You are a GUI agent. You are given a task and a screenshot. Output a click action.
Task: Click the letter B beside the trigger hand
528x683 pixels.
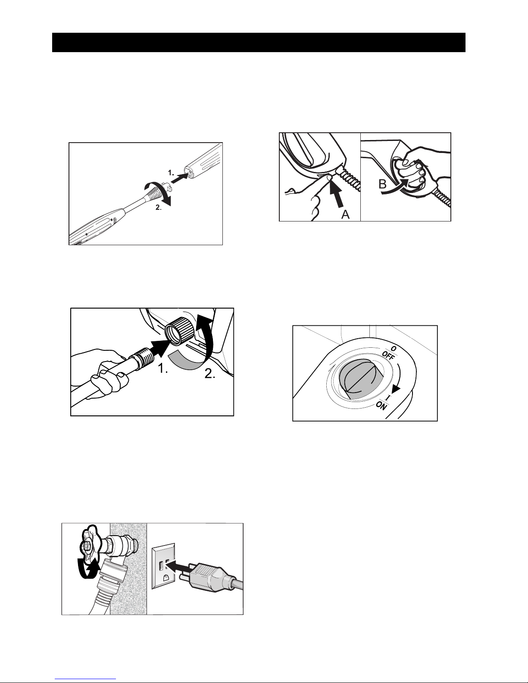[382, 184]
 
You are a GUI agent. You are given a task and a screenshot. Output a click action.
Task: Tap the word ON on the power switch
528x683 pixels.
[381, 406]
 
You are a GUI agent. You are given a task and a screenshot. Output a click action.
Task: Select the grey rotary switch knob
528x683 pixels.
[361, 379]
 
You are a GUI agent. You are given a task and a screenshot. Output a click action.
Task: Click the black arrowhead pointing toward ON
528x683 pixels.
[396, 389]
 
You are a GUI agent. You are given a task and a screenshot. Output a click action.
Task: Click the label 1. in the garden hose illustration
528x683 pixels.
[162, 368]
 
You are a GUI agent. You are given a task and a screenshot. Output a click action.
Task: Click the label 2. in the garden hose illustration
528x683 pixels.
[209, 374]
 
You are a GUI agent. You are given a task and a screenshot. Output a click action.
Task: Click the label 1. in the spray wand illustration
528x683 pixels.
[171, 172]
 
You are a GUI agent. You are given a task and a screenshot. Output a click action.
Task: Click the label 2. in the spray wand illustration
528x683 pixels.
[159, 207]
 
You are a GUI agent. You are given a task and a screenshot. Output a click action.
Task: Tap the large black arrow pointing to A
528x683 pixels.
[336, 194]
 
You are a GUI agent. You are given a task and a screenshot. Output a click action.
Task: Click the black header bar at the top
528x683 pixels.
[259, 42]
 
